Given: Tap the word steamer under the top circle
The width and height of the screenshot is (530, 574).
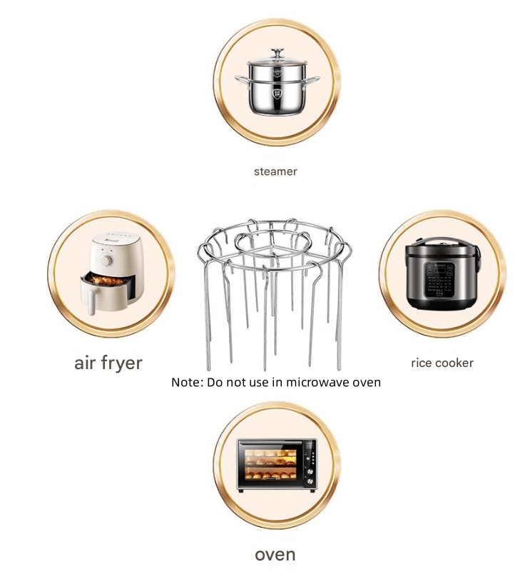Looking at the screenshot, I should tap(275, 171).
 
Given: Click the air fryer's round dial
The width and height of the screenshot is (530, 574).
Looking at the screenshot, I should tap(108, 261).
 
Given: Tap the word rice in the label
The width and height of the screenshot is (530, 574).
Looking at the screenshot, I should tap(421, 363).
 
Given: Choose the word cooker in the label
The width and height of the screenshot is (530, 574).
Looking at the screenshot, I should tap(454, 363).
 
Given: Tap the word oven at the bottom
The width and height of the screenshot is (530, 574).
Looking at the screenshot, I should tap(275, 554).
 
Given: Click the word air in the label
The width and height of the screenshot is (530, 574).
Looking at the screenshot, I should tap(85, 363).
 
